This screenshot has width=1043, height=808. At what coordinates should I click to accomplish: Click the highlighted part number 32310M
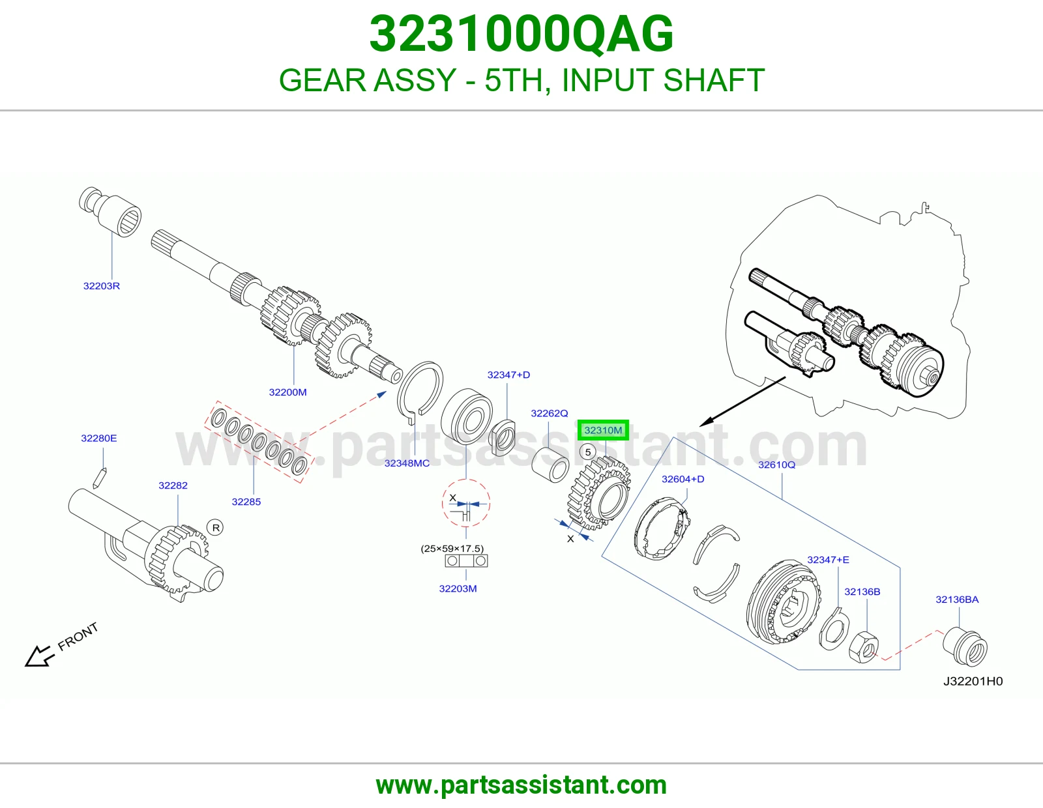click(603, 430)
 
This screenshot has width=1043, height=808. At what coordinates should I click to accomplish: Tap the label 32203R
click(101, 286)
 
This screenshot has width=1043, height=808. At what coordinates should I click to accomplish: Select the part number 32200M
click(287, 392)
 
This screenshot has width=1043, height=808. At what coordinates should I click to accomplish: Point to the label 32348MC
click(407, 463)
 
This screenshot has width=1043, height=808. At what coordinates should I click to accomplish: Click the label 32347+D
click(508, 375)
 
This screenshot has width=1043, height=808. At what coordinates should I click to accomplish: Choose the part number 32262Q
click(549, 413)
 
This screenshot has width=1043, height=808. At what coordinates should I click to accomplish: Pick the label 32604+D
click(683, 479)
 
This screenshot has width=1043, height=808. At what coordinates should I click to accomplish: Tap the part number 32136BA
click(957, 599)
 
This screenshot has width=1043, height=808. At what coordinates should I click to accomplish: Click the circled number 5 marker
click(588, 452)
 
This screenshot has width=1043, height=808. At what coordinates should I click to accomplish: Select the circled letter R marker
click(216, 528)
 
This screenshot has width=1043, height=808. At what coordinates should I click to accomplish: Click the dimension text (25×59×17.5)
click(452, 549)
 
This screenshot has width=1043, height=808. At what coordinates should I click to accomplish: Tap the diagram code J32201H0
click(973, 682)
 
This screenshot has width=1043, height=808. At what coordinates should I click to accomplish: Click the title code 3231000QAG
click(521, 34)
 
